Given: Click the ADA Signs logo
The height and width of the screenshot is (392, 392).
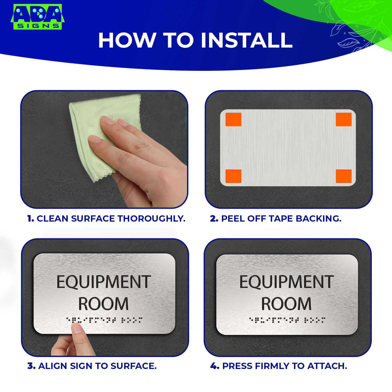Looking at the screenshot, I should tap(37, 16).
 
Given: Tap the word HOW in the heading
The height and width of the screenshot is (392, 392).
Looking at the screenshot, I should tap(127, 41).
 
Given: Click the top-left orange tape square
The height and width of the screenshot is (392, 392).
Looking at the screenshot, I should tap(233, 119).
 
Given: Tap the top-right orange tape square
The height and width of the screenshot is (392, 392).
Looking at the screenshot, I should tap(343, 119).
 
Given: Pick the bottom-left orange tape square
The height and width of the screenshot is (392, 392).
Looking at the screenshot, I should tap(233, 176).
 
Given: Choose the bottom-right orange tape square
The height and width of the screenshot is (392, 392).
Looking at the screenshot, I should tap(343, 176).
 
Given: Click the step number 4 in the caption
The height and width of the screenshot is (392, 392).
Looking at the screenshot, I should tap(214, 366).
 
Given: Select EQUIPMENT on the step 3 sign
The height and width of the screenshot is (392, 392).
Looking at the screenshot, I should tap(104, 282).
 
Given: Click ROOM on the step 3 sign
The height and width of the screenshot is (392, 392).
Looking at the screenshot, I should tap(103, 304).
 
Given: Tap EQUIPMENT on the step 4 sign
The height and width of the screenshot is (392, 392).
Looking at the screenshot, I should tap(287, 282).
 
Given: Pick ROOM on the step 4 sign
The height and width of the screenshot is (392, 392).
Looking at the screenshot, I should tap(286, 304).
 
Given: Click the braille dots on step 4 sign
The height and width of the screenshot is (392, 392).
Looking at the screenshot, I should tap(287, 320).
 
